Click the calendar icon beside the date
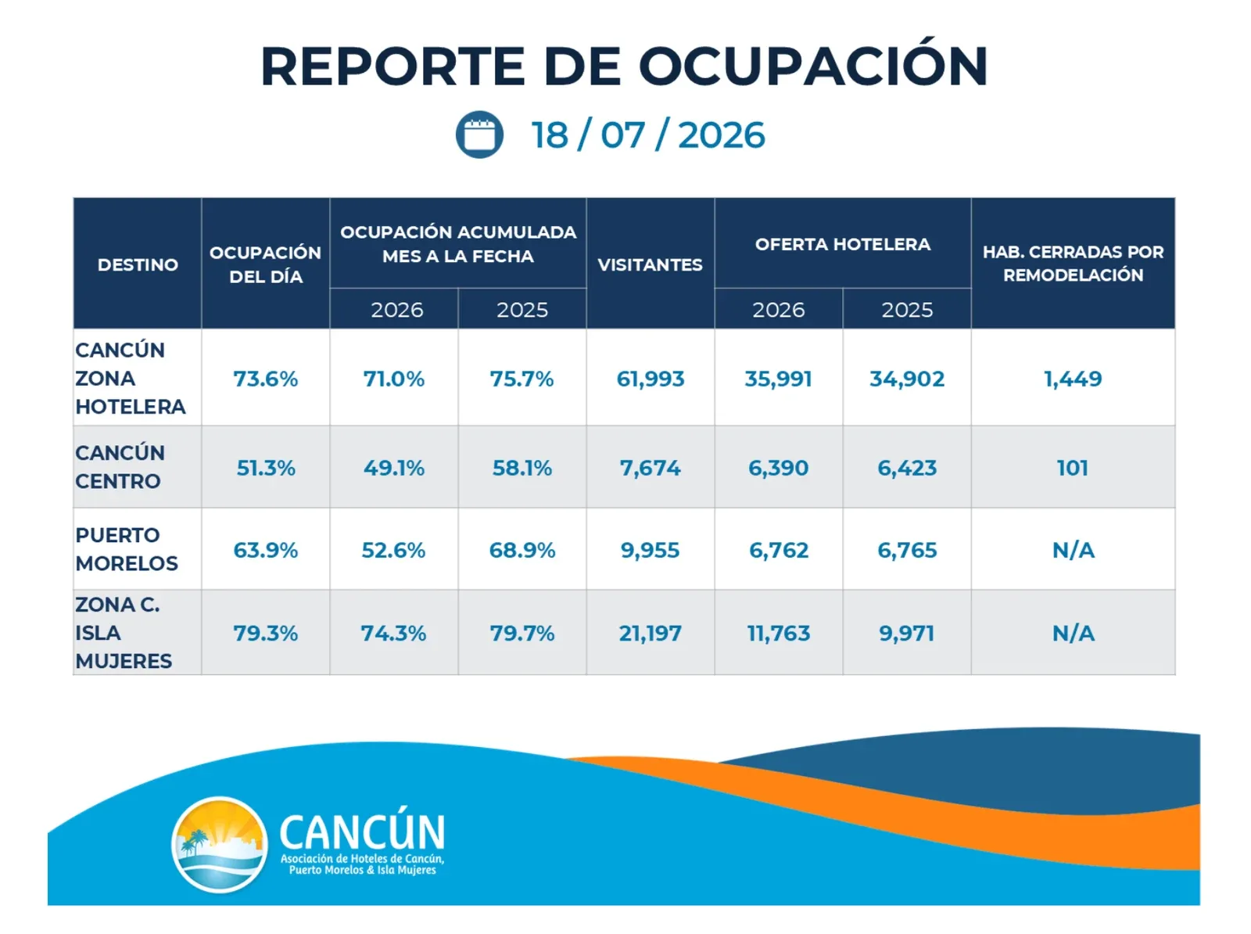pyautogui.click(x=479, y=135)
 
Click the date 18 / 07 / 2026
pyautogui.click(x=648, y=135)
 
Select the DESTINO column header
pyautogui.click(x=138, y=264)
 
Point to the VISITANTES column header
pyautogui.click(x=650, y=264)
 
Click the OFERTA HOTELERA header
pyautogui.click(x=842, y=244)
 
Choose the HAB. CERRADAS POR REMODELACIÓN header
pyautogui.click(x=1073, y=264)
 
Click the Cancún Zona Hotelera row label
pyautogui.click(x=131, y=378)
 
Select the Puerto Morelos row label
pyautogui.click(x=127, y=549)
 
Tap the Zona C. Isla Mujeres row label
pyautogui.click(x=124, y=632)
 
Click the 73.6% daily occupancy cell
pyautogui.click(x=266, y=379)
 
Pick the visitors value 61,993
pyautogui.click(x=651, y=379)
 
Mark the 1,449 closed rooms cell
pyautogui.click(x=1073, y=379)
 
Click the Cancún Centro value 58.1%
pyautogui.click(x=522, y=468)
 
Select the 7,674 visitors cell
pyautogui.click(x=651, y=468)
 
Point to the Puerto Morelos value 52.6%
pyautogui.click(x=393, y=550)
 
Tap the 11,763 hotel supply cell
pyautogui.click(x=779, y=634)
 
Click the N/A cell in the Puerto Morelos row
pyautogui.click(x=1073, y=550)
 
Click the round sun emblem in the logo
pyautogui.click(x=220, y=844)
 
